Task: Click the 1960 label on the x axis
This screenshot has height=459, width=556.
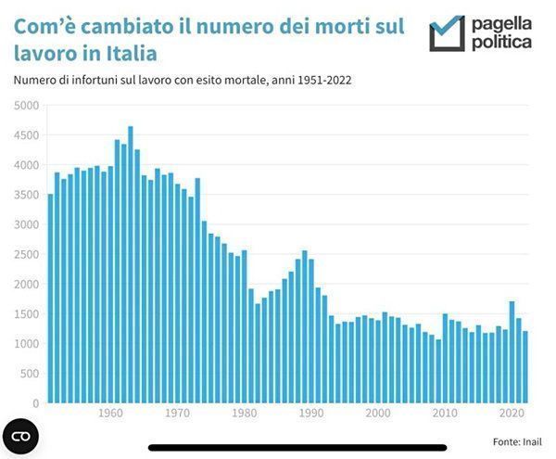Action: click(x=110, y=413)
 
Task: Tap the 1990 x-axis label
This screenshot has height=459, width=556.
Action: click(x=311, y=413)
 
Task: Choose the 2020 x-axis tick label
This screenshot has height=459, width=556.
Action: click(x=512, y=413)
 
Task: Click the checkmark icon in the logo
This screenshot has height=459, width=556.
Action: click(x=447, y=33)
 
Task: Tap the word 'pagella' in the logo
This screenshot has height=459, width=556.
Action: click(x=502, y=22)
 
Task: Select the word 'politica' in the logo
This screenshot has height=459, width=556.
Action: click(x=502, y=43)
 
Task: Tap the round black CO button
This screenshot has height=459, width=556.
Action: click(x=21, y=436)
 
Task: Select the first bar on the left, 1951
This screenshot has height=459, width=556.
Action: click(x=50, y=299)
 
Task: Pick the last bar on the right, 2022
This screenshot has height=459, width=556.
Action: click(x=524, y=367)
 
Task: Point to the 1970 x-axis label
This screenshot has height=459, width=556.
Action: click(x=177, y=413)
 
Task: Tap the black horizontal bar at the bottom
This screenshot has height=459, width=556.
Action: click(x=297, y=448)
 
